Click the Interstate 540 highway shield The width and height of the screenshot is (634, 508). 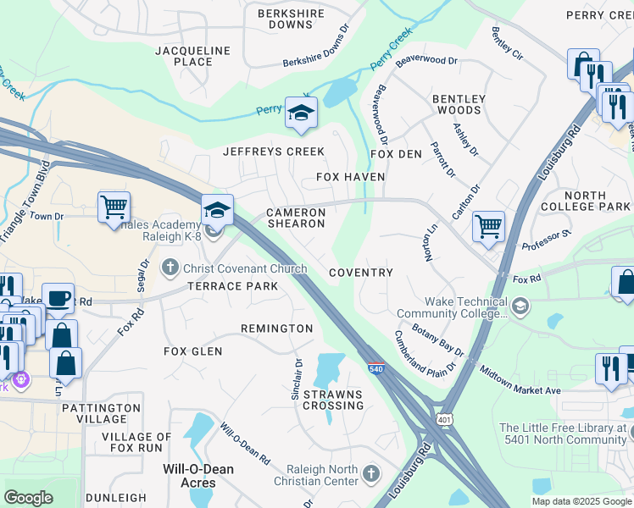375,367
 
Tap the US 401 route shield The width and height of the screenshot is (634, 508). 447,418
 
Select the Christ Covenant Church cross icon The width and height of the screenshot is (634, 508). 170,268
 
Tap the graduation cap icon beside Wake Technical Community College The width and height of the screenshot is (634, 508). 520,305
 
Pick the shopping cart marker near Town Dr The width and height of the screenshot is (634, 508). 114,207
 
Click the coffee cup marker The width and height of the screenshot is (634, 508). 58,298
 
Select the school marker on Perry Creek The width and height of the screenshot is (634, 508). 300,113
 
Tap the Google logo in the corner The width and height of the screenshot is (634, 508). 29,497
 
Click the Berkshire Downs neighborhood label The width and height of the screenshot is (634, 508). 291,19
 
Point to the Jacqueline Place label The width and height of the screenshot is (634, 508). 193,56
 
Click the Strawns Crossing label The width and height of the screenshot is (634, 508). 333,400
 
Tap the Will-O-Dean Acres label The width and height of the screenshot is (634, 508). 190,475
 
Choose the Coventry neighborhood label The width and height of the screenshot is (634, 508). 360,273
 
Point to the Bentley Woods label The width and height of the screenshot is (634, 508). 459,104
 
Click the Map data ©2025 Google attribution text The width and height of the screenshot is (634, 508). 581,501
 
